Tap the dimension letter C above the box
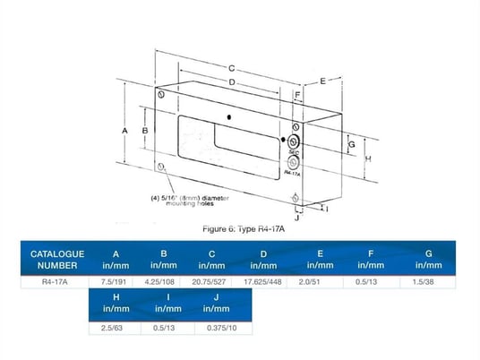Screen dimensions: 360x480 (x=231, y=68)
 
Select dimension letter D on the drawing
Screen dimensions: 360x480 (x=231, y=82)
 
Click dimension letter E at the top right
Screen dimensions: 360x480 (x=321, y=81)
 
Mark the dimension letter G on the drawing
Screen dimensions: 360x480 (x=352, y=143)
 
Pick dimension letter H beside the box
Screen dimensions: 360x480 (x=368, y=159)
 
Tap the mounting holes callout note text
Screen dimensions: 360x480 (x=184, y=201)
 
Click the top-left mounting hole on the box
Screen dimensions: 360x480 (x=160, y=95)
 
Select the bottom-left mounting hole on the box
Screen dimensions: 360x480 (x=160, y=167)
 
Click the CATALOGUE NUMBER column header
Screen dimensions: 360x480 (x=57, y=259)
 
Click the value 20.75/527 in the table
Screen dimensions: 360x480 (x=211, y=281)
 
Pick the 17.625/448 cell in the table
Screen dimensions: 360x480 (x=263, y=281)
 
